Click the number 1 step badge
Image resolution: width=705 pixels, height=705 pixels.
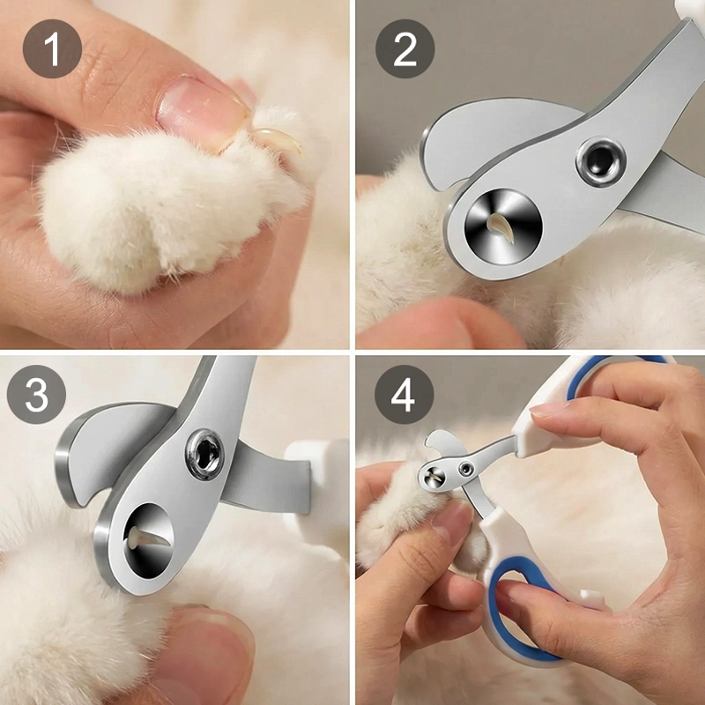click(52, 48)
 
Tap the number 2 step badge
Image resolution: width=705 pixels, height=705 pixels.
click(404, 48)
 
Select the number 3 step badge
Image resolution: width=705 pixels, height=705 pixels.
click(36, 394)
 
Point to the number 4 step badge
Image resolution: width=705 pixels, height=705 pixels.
click(404, 394)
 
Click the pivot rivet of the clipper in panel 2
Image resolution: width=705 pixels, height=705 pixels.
click(601, 162)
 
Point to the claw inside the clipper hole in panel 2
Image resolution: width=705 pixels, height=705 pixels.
click(502, 227)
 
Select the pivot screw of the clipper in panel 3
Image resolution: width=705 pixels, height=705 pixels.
click(204, 454)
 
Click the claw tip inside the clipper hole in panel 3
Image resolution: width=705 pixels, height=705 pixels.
click(149, 538)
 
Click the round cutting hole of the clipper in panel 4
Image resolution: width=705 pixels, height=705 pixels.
click(432, 477)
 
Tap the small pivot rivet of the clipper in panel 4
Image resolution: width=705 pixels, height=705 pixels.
click(465, 470)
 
